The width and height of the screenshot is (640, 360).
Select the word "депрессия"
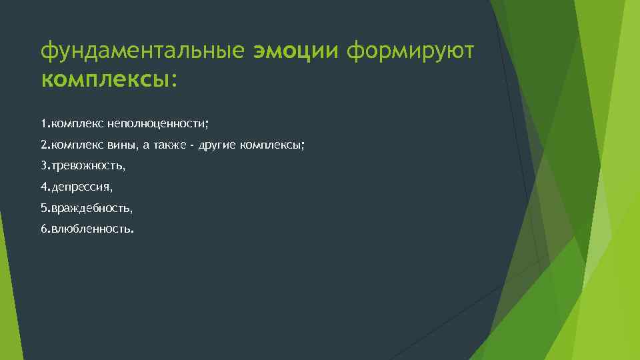point(81,187)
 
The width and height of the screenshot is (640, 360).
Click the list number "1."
point(45,123)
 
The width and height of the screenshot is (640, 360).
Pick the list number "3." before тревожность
point(45,166)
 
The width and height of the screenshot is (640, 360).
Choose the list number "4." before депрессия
point(45,187)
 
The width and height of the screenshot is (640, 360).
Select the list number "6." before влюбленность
point(45,230)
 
